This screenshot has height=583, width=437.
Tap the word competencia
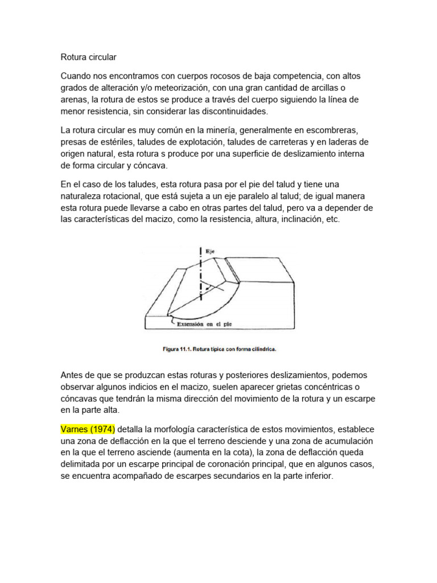click(281, 76)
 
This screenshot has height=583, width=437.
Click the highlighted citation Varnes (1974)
click(88, 429)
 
